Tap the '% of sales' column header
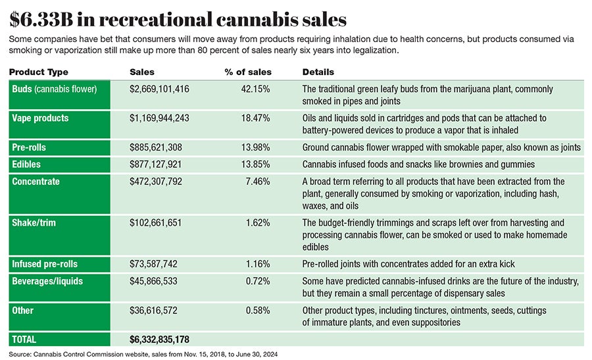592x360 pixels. (x=249, y=72)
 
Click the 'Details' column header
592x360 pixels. (x=318, y=72)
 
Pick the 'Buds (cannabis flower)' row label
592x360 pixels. (x=54, y=89)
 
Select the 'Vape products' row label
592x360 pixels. (x=40, y=118)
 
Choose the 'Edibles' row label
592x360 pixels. (x=27, y=164)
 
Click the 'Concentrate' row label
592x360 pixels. (x=36, y=181)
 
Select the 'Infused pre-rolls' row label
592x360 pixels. (x=45, y=264)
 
